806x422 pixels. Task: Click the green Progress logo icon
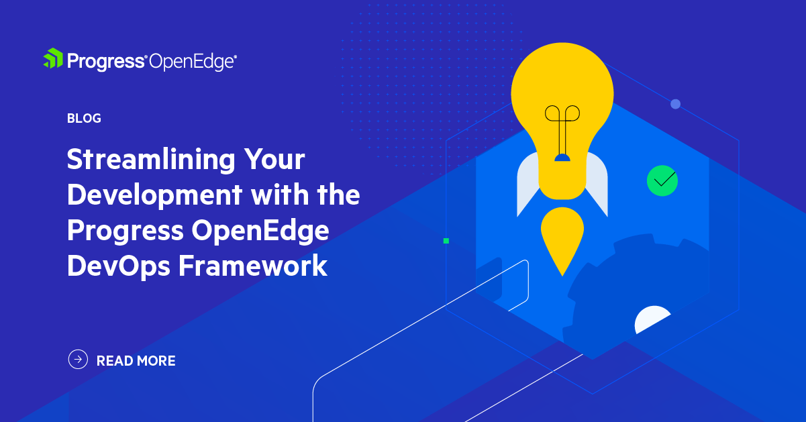point(53,58)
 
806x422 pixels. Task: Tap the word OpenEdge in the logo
point(193,62)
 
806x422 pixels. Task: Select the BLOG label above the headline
point(84,119)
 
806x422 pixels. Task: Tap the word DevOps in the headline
point(118,266)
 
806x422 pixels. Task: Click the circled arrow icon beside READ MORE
point(79,360)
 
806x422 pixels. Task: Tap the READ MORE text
point(136,361)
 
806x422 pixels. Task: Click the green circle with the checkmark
point(662,180)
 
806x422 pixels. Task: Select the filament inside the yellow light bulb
point(562,127)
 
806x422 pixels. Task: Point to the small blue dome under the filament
point(562,158)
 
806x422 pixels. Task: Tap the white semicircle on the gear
point(652,321)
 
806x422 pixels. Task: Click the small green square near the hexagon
point(446,240)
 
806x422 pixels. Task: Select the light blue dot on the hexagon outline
point(675,104)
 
